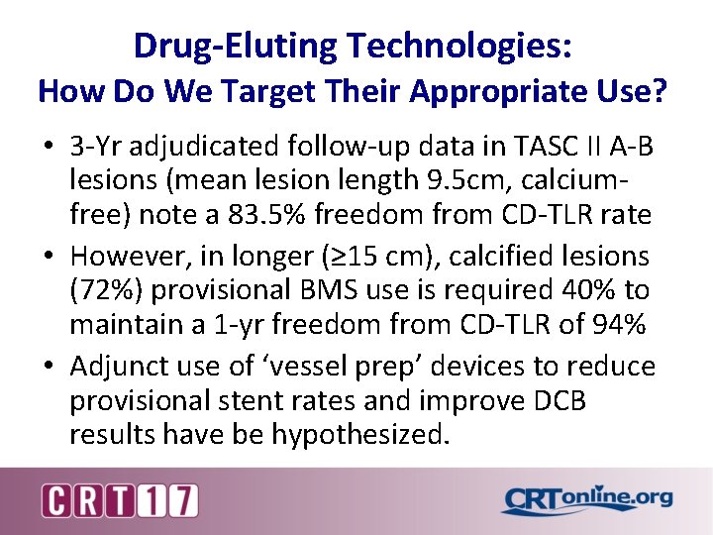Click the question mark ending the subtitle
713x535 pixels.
(659, 93)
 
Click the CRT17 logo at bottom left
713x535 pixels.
(120, 500)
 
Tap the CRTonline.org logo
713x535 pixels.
(586, 500)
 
